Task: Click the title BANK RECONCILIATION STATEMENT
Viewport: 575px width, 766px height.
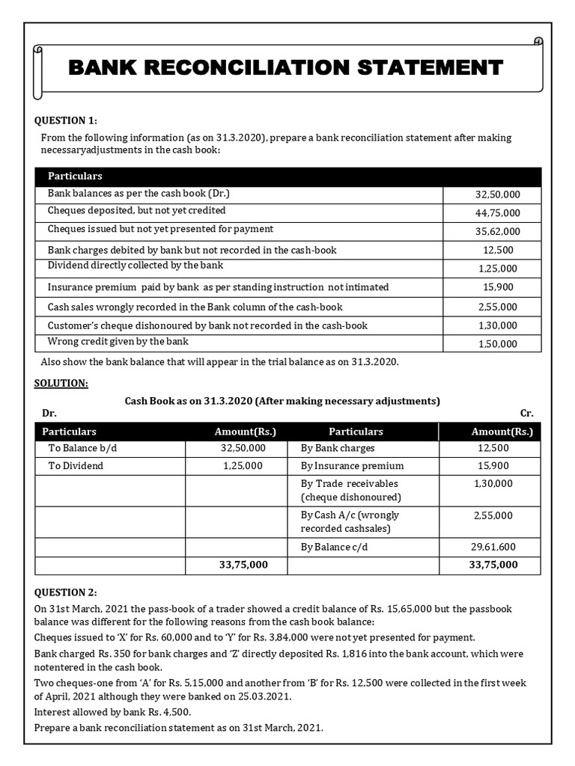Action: [x=285, y=68]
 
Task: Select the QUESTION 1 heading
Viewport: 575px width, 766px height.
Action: [x=66, y=121]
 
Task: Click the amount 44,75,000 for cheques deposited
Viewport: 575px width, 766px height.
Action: [x=497, y=213]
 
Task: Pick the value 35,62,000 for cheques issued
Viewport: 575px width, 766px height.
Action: [x=497, y=232]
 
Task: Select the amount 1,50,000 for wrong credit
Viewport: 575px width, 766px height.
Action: [x=497, y=344]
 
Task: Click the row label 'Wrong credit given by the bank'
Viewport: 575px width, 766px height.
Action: [x=118, y=341]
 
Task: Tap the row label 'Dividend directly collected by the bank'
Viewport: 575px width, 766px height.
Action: [x=135, y=266]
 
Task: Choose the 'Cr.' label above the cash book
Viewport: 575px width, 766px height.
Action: [x=526, y=414]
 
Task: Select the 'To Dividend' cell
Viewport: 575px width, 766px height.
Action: [x=76, y=465]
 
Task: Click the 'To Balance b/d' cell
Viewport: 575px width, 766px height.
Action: [x=82, y=448]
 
